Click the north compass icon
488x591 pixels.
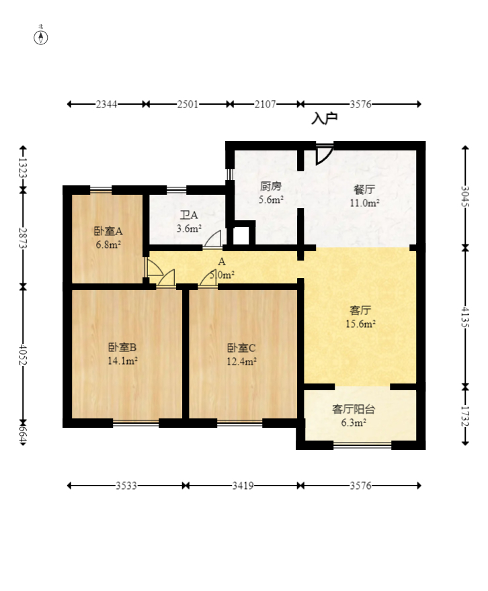click(x=41, y=36)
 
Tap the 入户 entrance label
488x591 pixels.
click(x=324, y=119)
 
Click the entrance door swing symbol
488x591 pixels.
click(x=323, y=154)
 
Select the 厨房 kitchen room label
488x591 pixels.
click(x=271, y=187)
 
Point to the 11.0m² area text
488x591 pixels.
click(x=364, y=203)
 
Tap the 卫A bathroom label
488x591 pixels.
click(x=189, y=216)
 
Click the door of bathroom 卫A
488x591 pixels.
click(x=213, y=238)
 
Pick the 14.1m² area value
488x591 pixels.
click(x=122, y=361)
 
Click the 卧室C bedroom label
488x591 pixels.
click(x=241, y=348)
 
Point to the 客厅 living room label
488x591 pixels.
click(x=360, y=310)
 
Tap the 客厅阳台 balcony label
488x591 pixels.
click(x=354, y=409)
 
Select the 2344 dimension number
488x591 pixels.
click(x=107, y=104)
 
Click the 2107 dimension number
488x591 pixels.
click(x=265, y=104)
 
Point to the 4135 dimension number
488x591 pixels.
click(x=465, y=316)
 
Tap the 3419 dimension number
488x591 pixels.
click(x=243, y=486)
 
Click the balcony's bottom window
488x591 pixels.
click(x=362, y=445)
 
